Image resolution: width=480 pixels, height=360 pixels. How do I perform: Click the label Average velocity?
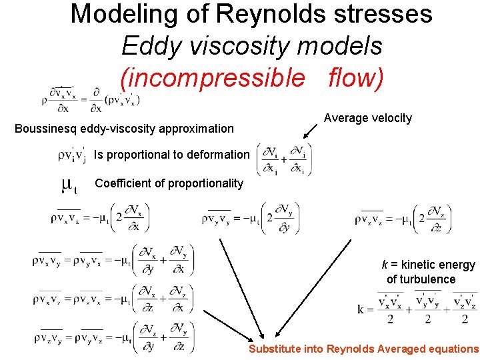pyautogui.click(x=368, y=118)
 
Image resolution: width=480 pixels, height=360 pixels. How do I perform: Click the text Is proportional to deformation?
pyautogui.click(x=171, y=155)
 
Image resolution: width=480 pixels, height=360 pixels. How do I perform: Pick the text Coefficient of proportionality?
pyautogui.click(x=169, y=183)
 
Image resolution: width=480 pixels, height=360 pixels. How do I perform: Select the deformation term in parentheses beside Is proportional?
pyautogui.click(x=283, y=160)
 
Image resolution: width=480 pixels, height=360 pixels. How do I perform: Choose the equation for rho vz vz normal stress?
pyautogui.click(x=403, y=218)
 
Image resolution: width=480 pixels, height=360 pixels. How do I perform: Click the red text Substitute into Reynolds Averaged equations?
pyautogui.click(x=363, y=349)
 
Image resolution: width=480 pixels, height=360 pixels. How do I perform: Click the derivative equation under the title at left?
pyautogui.click(x=93, y=99)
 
